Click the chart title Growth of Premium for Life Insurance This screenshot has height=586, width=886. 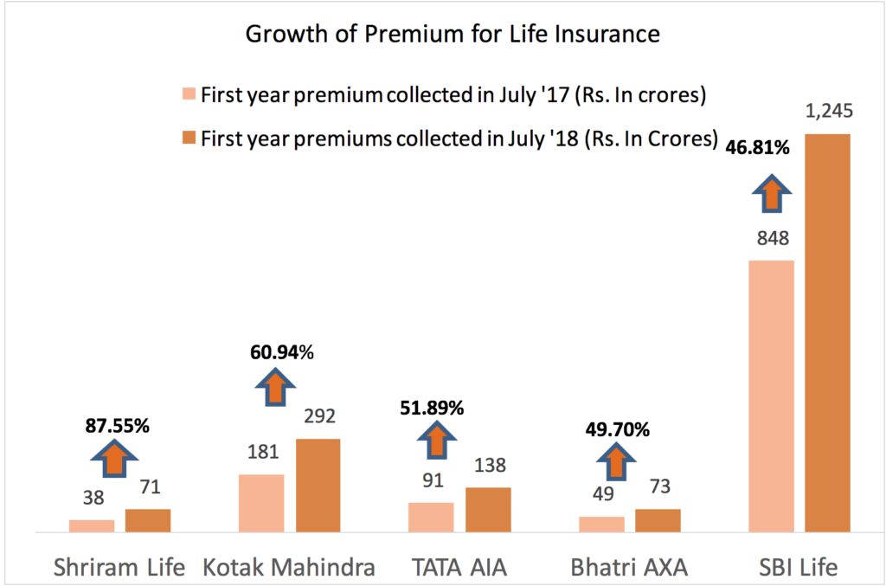coord(453,35)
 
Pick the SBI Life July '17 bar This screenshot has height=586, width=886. coord(771,395)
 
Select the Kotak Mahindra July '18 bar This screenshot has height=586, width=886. coord(318,484)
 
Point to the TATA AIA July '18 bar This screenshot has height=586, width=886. coord(488,508)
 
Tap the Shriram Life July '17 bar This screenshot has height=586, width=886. coord(92,525)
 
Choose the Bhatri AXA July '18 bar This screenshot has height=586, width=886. coord(658,519)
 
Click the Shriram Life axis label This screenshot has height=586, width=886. coord(119,568)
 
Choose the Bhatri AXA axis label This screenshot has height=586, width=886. coord(629,568)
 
